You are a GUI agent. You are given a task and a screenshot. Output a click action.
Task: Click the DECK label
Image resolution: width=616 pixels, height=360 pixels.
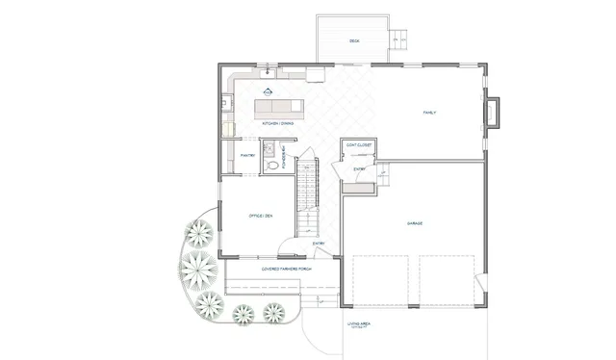354,40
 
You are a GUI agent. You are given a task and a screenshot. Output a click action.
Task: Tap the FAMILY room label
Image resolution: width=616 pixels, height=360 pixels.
430,113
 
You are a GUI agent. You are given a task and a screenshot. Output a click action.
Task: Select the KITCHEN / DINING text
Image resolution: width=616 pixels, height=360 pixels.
278,123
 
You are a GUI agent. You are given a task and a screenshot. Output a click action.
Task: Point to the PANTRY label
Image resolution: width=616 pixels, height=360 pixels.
234,155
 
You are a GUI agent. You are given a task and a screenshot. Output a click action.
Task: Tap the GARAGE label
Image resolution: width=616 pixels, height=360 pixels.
415,223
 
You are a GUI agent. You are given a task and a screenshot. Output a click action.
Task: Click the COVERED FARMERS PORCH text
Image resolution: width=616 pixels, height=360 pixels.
286,269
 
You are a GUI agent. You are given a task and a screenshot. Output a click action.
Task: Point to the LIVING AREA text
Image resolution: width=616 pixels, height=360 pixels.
360,324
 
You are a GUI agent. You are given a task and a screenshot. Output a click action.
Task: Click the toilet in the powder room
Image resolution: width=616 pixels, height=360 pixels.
272,166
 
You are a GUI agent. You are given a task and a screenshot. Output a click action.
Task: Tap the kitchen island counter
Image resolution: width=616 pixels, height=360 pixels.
279,104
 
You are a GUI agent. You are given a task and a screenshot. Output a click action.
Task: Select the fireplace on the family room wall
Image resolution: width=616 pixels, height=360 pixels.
495,112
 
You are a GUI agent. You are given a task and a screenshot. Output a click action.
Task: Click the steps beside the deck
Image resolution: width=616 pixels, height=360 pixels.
400,39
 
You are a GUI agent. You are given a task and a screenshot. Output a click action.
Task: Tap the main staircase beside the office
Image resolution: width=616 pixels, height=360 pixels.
307,197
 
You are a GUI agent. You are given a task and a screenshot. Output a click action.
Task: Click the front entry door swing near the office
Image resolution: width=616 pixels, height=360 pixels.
325,252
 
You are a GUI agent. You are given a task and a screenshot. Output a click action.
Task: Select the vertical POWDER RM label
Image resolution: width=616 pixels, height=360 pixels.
285,156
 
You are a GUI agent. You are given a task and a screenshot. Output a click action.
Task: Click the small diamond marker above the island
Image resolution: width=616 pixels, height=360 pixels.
269,92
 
